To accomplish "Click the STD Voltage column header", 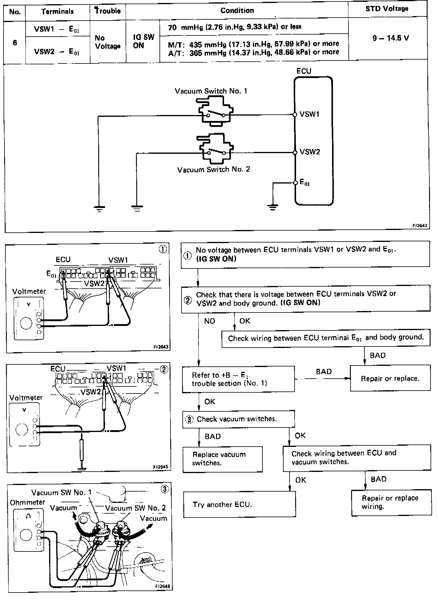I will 387,9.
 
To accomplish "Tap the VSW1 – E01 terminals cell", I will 57,29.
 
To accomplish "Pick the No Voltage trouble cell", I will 107,42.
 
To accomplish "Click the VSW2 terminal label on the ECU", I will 310,152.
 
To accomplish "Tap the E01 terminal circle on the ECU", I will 295,183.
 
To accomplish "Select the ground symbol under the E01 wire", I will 273,207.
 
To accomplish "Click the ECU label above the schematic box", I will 304,71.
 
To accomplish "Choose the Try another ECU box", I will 240,504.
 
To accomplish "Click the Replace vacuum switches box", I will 223,459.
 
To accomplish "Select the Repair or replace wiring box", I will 391,502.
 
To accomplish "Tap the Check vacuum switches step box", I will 238,419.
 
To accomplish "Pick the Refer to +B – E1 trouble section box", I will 238,379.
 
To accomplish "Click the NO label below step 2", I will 209,321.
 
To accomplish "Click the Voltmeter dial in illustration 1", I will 26,323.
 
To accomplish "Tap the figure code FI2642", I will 420,226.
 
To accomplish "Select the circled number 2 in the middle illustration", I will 164,369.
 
